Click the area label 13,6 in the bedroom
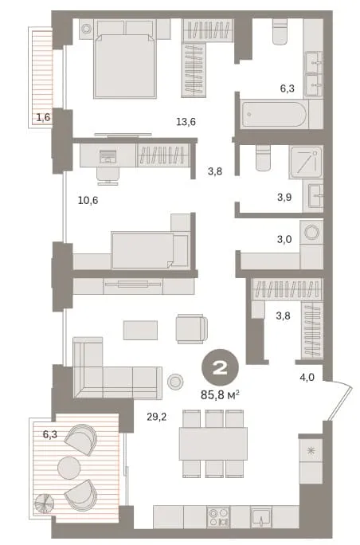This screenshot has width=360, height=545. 186,122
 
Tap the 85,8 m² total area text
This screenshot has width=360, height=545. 221,395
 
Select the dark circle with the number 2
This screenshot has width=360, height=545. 221,368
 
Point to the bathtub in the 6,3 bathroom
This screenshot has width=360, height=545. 274,114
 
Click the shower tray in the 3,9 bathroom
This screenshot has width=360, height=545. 306,162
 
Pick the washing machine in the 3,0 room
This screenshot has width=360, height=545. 311,232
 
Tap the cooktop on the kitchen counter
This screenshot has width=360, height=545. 218,516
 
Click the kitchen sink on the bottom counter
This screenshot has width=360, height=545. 261,517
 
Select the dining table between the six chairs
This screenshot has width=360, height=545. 213,444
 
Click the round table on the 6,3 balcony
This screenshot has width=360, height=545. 69,468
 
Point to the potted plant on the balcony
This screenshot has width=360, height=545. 44,504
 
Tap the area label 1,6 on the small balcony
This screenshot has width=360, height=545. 43,117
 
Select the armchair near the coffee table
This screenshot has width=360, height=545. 192,329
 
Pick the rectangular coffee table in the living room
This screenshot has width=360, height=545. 140,330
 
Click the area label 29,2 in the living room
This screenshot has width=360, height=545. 156,417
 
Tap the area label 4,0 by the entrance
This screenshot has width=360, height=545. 307,377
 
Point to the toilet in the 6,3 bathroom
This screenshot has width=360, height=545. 280,32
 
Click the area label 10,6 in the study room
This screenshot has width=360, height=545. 88,200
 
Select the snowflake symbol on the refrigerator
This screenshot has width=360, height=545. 311,451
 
